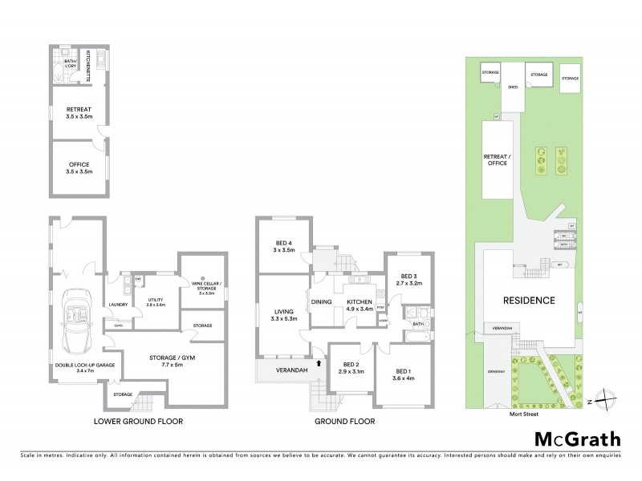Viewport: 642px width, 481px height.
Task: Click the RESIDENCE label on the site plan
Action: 530,301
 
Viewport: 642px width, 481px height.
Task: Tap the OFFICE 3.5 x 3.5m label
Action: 79,168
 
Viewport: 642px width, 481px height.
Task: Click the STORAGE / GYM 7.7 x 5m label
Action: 160,361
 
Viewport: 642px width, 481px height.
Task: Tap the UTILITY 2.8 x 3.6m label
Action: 156,301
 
